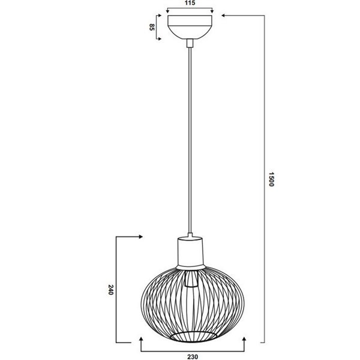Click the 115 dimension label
(190, 4)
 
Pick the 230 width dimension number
(192, 356)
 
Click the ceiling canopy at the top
(190, 26)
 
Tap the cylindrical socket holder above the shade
(191, 251)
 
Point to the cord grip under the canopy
(190, 43)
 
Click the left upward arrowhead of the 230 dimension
(140, 338)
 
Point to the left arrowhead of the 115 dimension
(167, 11)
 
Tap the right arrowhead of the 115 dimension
(213, 11)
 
